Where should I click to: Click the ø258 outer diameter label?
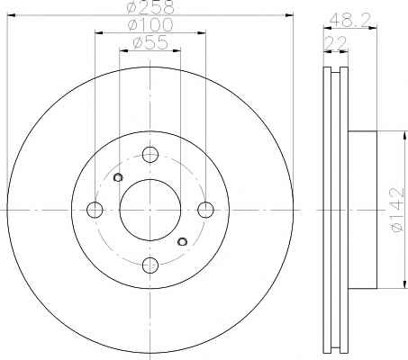pos(150,6)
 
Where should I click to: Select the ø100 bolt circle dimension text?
pos(150,24)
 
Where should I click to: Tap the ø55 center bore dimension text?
pos(150,42)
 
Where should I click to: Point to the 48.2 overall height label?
pos(349,21)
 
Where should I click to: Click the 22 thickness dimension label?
pos(336,43)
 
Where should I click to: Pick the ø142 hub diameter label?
pos(396,210)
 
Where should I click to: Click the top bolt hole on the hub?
pos(150,155)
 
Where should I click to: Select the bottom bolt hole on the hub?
pos(150,265)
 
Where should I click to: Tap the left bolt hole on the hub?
pos(95,210)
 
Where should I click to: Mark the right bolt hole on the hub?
pos(205,210)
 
